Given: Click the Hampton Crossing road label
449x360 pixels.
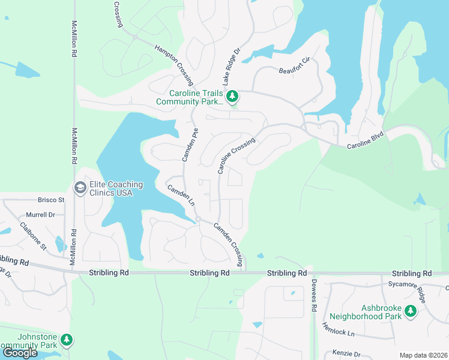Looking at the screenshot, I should pos(174,64).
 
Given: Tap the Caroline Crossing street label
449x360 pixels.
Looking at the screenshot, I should pos(237,156).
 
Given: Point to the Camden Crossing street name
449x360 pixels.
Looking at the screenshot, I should pos(229,238).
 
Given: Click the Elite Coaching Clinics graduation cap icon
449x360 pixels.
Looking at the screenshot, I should pos(79,188).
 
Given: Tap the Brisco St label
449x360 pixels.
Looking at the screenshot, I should pos(51,200).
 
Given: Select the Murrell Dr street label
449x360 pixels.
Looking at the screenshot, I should pos(40,214).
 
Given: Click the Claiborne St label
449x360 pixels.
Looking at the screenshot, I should pos(34,236).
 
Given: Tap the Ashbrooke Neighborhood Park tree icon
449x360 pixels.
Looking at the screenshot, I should pos(411,311).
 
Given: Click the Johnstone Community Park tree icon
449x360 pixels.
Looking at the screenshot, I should pos(67,340).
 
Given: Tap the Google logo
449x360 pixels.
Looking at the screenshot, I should pos(20,353).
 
